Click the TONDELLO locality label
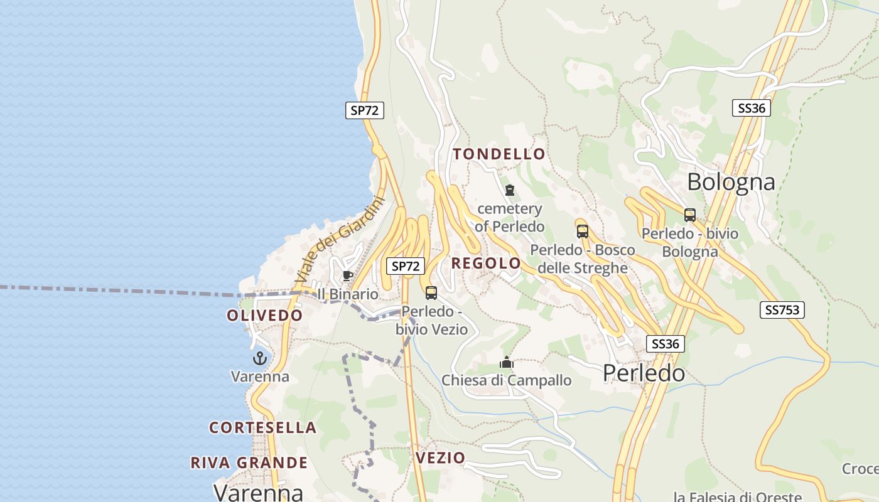[x=499, y=154]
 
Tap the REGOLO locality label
[x=486, y=264]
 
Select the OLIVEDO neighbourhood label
[x=264, y=316]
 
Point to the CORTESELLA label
[x=262, y=428]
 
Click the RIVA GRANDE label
[x=249, y=463]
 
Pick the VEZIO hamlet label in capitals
[x=440, y=458]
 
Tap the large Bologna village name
[x=731, y=182]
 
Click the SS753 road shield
[x=782, y=310]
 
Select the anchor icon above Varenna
[x=259, y=358]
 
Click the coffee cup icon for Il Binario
[x=347, y=276]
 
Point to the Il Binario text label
[x=348, y=294]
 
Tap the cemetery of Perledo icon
[x=509, y=190]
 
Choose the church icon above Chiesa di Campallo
[x=506, y=362]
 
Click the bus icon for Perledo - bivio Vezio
[x=431, y=292]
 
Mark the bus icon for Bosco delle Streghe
[x=582, y=231]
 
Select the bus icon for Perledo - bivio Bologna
[x=689, y=215]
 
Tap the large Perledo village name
[x=644, y=373]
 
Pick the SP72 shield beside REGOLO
[x=405, y=266]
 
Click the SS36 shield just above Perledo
[x=666, y=344]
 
